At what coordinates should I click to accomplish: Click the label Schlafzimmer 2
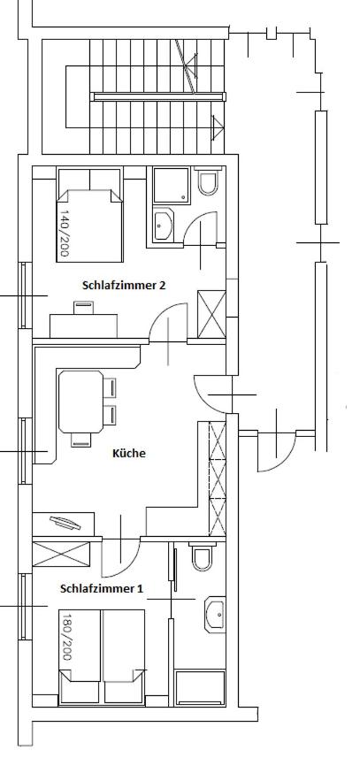click(124, 285)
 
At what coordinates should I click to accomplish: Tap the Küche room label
click(129, 454)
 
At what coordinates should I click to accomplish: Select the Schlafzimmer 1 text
click(102, 589)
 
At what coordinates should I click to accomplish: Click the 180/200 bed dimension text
click(66, 637)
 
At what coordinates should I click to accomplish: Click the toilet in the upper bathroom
click(209, 180)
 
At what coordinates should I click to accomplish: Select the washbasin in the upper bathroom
click(163, 225)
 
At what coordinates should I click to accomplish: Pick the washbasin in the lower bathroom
click(215, 615)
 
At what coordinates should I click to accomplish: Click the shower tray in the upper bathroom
click(171, 185)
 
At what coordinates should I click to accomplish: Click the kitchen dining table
click(80, 402)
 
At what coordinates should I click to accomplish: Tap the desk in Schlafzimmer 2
click(84, 325)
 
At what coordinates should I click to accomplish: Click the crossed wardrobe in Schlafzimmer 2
click(211, 314)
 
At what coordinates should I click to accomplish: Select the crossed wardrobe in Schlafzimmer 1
click(61, 554)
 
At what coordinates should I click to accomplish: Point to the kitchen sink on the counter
click(65, 523)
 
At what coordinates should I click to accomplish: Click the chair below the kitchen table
click(81, 440)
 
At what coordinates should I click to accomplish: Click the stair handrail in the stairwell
click(159, 96)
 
